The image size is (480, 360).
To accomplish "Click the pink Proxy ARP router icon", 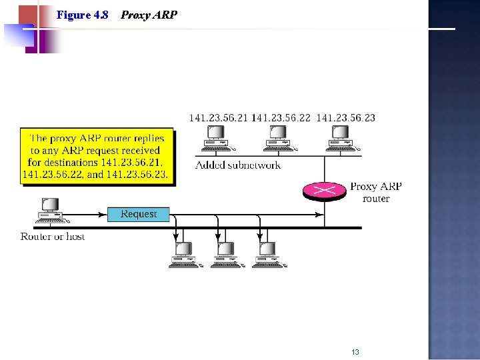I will click(325, 191).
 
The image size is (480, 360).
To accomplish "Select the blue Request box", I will click(139, 214).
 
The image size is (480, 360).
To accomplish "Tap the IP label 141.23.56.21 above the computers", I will click(218, 118).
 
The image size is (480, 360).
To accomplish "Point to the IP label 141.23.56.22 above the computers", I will click(281, 118).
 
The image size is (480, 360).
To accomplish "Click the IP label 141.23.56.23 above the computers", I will click(345, 118).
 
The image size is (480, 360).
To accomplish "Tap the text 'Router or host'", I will click(53, 237).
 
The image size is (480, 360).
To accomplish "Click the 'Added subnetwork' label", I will click(238, 165).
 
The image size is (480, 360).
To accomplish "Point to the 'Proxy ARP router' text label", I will click(376, 193).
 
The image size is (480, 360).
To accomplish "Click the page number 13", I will click(355, 352).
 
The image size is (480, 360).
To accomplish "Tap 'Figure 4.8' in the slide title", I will click(83, 15).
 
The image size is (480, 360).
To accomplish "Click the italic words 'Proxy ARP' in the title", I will click(149, 15).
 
